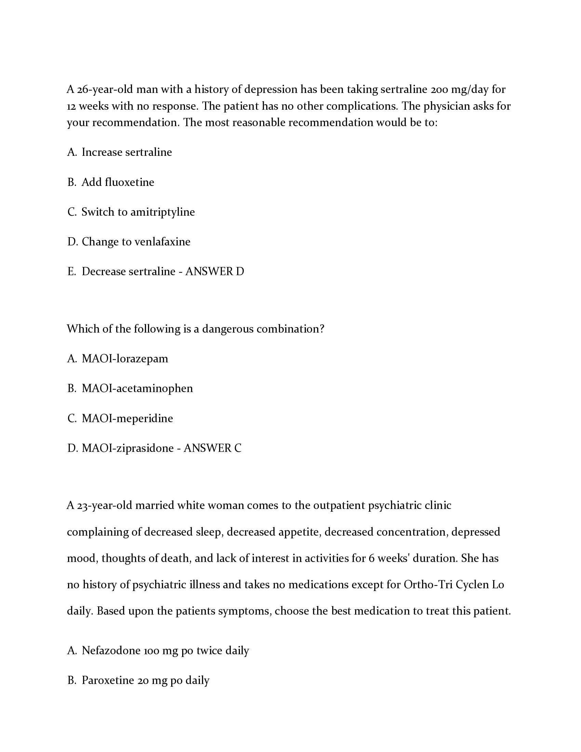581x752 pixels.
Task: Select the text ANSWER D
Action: coord(214,272)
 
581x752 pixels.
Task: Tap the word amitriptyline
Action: coord(162,212)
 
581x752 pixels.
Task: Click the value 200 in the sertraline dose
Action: coord(439,90)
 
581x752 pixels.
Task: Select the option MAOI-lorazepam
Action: coord(125,359)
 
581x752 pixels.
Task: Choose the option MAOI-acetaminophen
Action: coord(137,389)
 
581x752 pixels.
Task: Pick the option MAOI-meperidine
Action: coord(127,419)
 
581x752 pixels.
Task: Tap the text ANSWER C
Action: coord(212,448)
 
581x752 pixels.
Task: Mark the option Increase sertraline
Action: coord(126,152)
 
